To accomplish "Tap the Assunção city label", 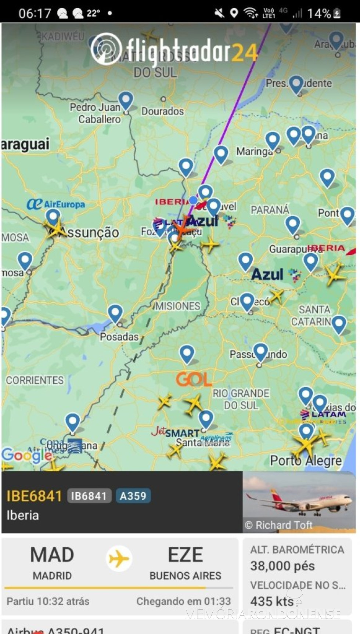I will point(90,232).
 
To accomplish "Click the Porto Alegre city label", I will point(306,460).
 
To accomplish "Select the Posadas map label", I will point(119,337).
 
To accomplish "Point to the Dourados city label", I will point(162,111).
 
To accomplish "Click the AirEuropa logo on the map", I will point(56,204).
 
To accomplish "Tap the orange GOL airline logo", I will point(194,379).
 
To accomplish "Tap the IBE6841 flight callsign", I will point(34,496).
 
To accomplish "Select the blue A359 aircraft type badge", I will point(133,496).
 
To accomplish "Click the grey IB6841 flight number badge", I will point(89,496).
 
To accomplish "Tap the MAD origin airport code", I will point(52,555).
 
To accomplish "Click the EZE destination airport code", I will point(185,555).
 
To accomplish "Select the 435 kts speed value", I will point(272,601).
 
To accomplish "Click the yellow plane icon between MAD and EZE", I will point(119,559).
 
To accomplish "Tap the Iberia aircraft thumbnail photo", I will point(299,502).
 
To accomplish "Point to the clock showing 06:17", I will point(35,14).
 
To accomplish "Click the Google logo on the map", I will point(26,455).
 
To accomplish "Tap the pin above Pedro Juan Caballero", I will point(126,100).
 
